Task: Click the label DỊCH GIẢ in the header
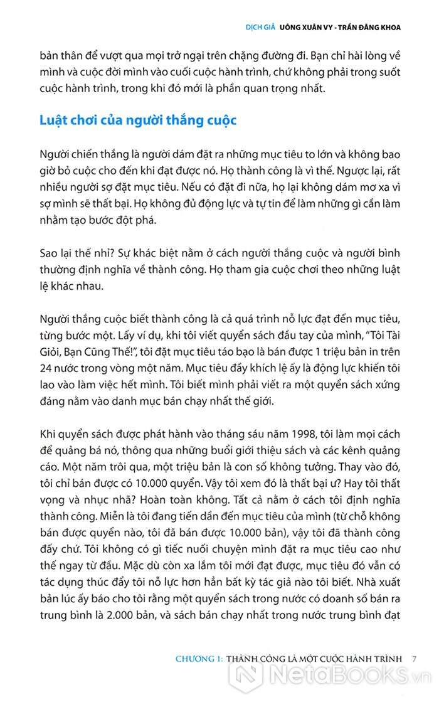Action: (263, 27)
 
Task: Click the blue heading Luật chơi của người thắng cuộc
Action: (138, 120)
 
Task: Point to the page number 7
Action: (415, 659)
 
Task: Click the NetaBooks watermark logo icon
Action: (245, 676)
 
